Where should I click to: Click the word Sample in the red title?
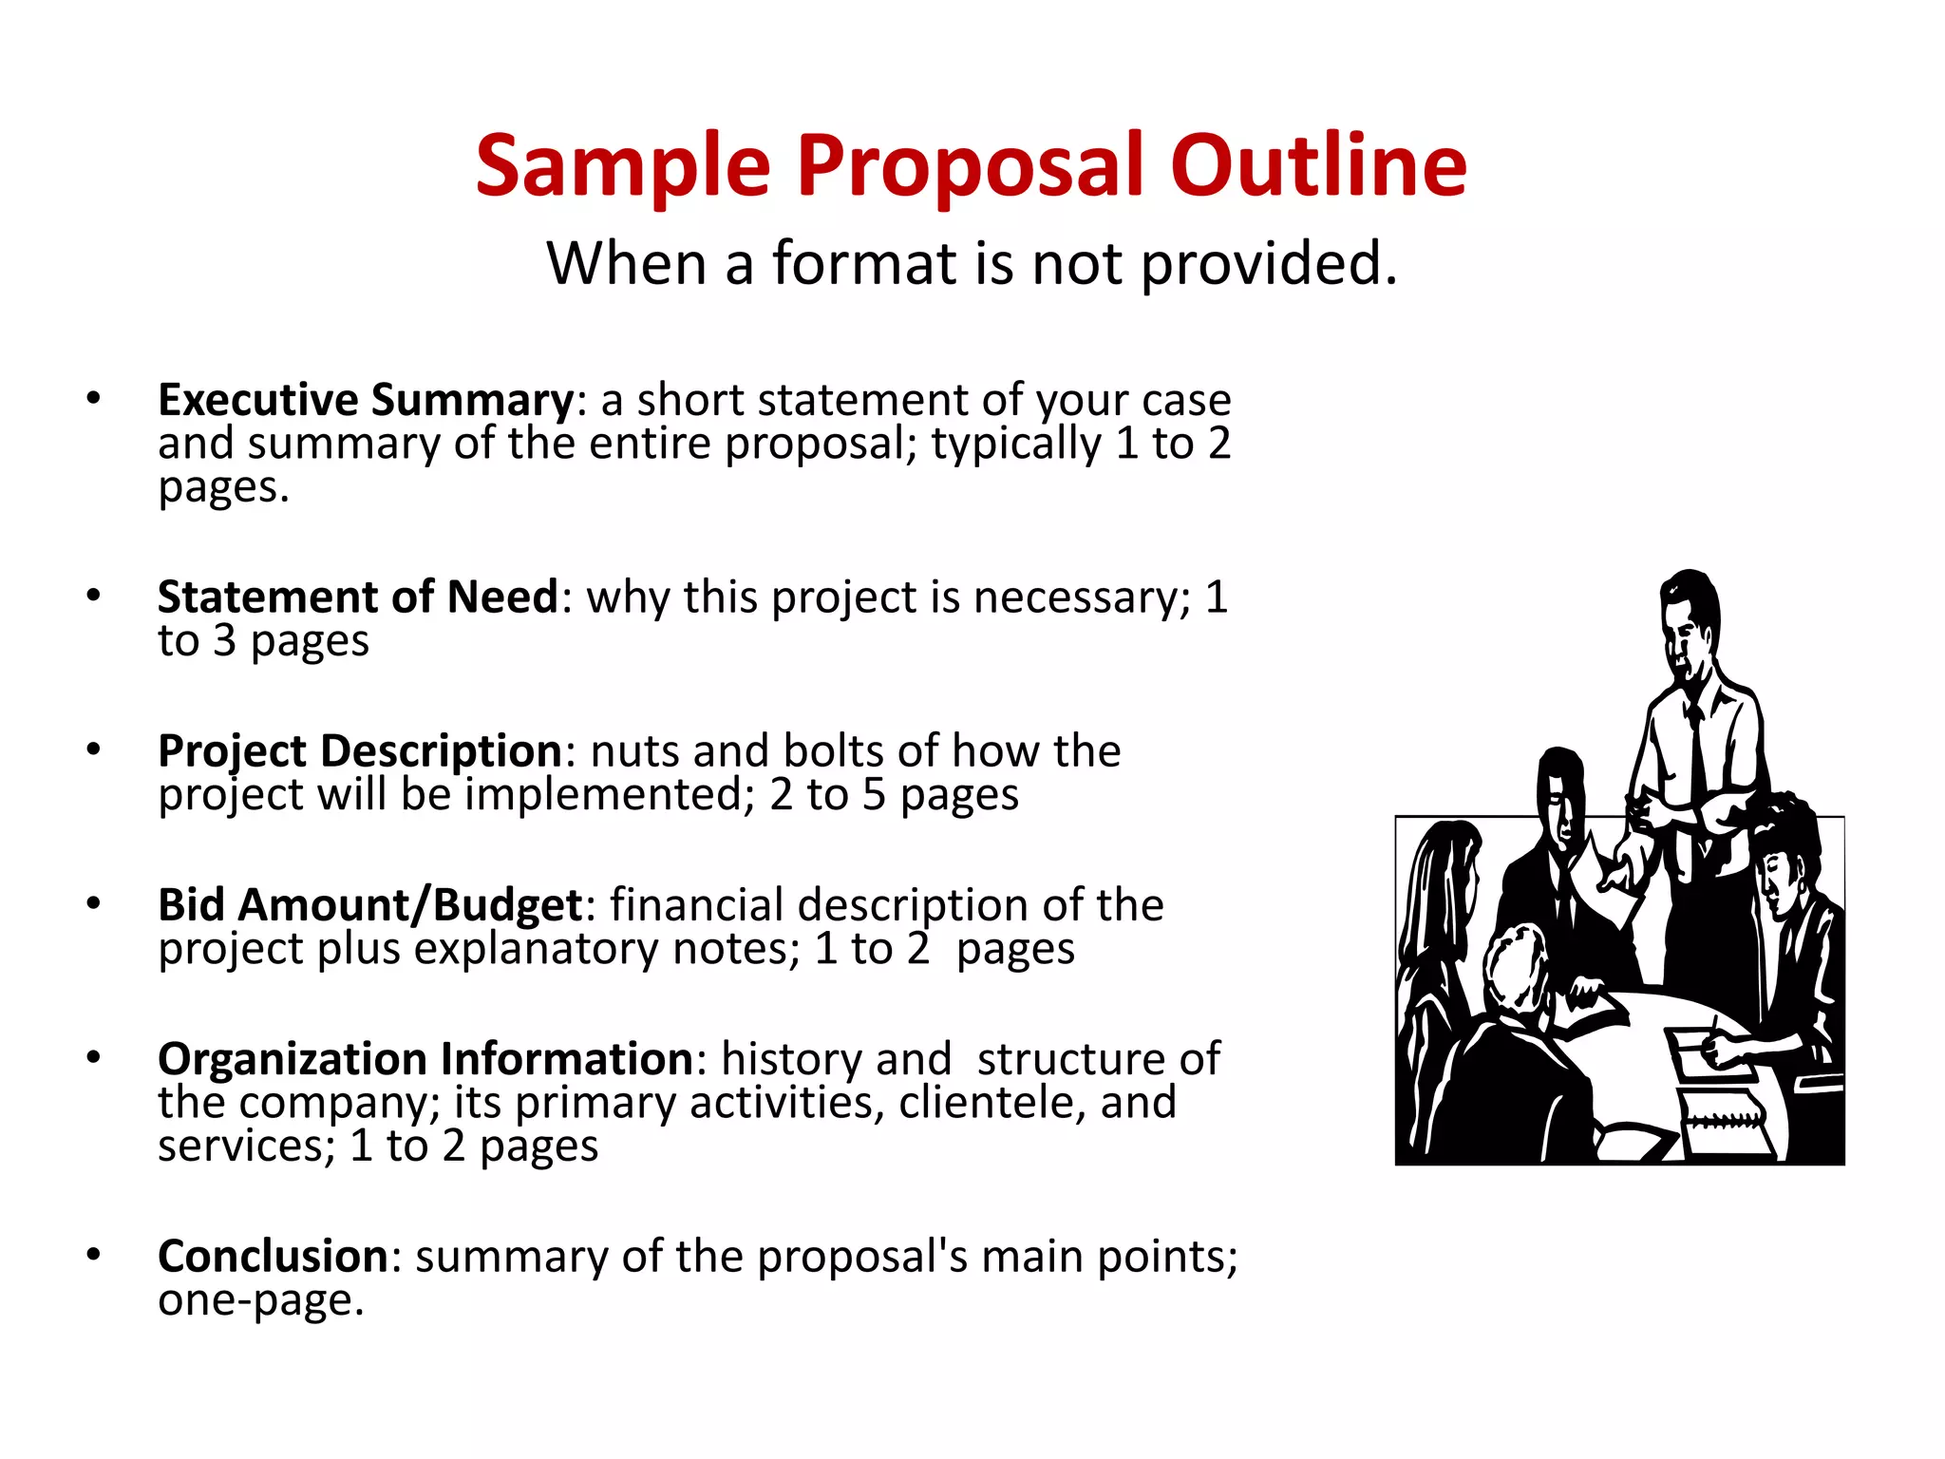[x=622, y=166]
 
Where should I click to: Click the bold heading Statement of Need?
[x=358, y=597]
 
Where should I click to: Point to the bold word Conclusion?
[x=273, y=1257]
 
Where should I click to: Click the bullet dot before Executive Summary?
[x=93, y=398]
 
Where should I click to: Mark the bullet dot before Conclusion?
[x=93, y=1255]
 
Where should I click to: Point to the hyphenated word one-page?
[x=260, y=1300]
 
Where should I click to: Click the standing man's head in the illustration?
[x=1689, y=617]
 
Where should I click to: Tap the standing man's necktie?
[x=1696, y=760]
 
